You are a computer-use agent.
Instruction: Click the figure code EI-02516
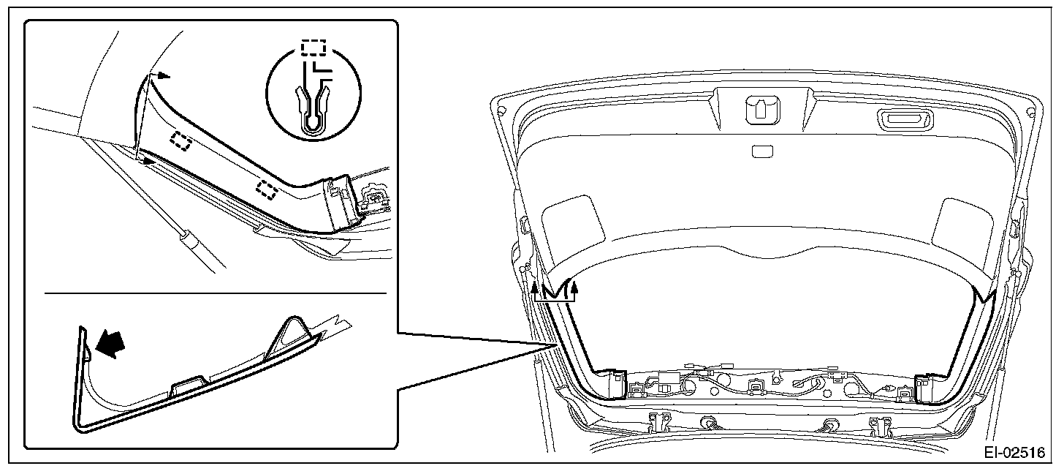[1014, 453]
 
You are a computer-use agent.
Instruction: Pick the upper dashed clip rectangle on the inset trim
[180, 140]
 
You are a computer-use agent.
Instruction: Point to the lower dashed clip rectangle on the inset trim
[267, 190]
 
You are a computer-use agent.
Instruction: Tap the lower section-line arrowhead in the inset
[149, 159]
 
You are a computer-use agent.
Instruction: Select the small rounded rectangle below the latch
[761, 151]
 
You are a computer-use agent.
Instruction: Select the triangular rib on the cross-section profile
[294, 330]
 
